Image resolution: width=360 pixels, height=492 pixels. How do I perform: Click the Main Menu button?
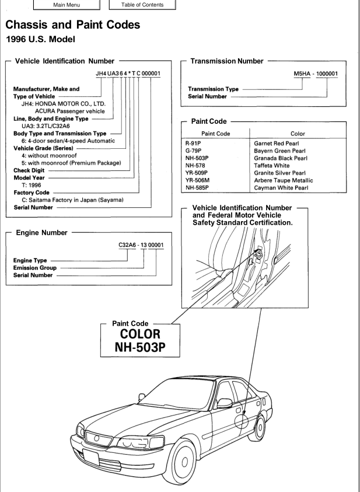tap(67, 5)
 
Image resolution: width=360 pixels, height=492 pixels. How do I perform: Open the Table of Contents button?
tap(142, 5)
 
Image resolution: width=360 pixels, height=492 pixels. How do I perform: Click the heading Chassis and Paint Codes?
tap(73, 25)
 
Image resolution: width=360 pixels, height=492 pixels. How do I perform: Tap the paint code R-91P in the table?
tap(194, 144)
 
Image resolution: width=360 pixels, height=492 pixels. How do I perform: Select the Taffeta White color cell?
tap(271, 165)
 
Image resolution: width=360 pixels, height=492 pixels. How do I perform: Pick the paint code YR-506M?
tap(197, 180)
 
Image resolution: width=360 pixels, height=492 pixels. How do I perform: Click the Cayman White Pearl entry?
tap(281, 188)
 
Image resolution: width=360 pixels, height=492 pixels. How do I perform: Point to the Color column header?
tap(298, 134)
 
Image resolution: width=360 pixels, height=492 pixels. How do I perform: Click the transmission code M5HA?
tap(302, 74)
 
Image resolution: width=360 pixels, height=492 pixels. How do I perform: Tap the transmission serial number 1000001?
tap(327, 74)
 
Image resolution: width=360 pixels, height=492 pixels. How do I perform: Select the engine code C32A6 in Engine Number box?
tap(127, 245)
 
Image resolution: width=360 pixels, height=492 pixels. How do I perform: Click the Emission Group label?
tap(35, 268)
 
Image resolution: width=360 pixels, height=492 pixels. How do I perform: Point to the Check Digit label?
tap(29, 170)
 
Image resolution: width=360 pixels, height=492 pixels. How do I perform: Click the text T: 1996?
tap(32, 185)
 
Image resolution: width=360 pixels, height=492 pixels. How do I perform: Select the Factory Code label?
tap(32, 193)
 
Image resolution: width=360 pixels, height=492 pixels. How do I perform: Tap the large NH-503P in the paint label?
tap(140, 347)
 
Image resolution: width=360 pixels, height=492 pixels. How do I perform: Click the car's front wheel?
tap(180, 461)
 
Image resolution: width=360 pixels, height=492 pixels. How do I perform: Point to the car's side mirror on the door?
tap(225, 403)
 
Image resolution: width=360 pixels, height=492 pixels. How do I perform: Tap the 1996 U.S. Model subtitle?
tap(40, 39)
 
